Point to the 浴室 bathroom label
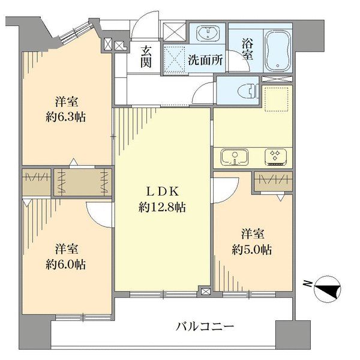pos(247,49)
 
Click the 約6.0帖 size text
pos(67,264)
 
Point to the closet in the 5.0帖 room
pos(273,181)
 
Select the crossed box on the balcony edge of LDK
pos(206,292)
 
